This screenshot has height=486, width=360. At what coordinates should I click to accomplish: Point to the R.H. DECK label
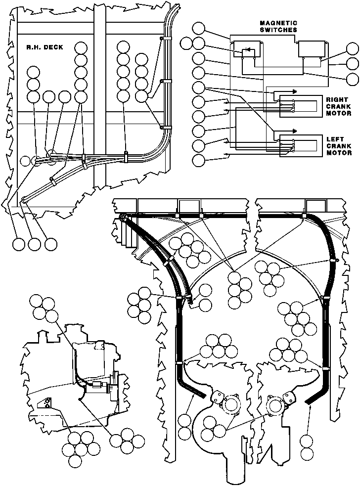[45, 47]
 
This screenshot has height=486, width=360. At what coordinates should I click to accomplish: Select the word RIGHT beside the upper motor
[337, 100]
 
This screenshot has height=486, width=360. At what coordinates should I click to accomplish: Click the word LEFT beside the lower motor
[335, 139]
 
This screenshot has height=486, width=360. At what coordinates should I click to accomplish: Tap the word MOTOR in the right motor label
[339, 113]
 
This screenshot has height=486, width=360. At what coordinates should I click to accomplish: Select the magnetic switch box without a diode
[312, 49]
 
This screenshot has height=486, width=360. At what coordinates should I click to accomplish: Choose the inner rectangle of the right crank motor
[305, 106]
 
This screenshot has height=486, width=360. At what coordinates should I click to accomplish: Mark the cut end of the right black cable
[308, 401]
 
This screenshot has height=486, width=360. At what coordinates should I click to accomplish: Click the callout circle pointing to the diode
[198, 43]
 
